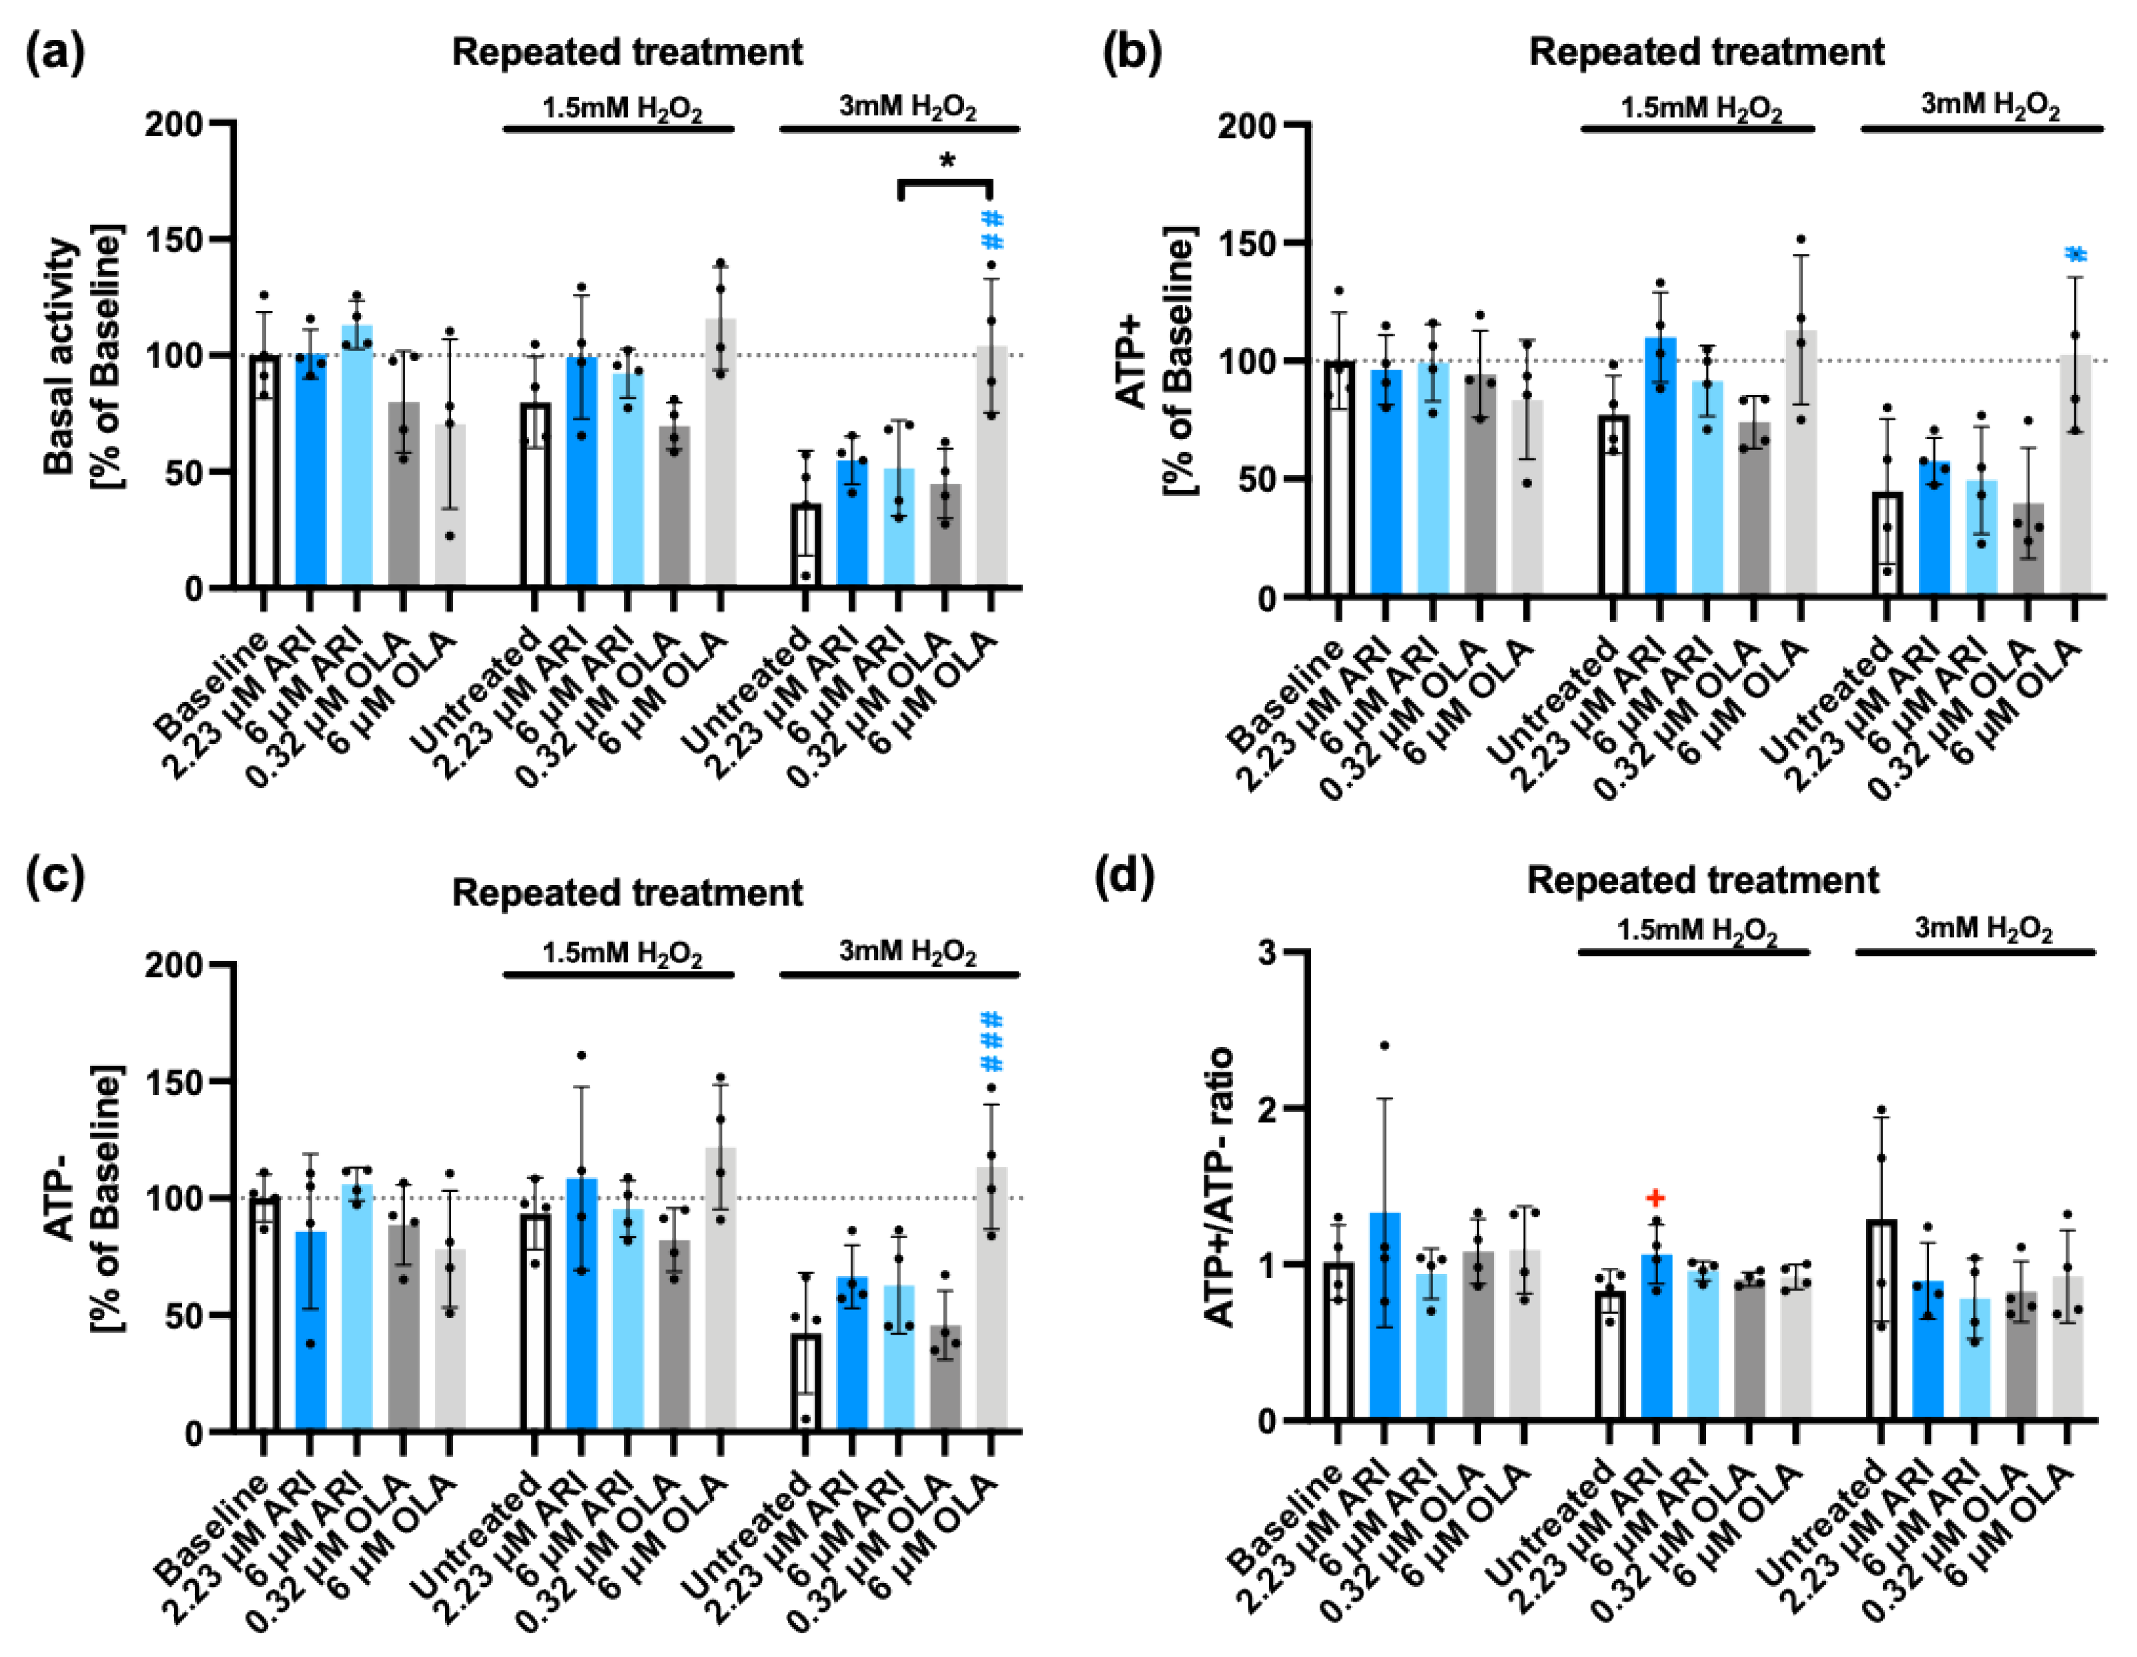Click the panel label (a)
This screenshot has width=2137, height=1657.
pyautogui.click(x=55, y=51)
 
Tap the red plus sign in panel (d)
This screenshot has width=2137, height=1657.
pyautogui.click(x=1655, y=1197)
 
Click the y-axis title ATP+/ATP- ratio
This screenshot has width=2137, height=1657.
pyautogui.click(x=1219, y=1187)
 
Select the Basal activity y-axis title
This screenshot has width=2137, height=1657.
pyautogui.click(x=61, y=356)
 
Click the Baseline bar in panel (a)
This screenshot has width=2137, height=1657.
pyautogui.click(x=264, y=470)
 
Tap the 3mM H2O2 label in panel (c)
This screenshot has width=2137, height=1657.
pyautogui.click(x=907, y=952)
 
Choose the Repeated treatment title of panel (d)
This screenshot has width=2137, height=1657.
pyautogui.click(x=1703, y=880)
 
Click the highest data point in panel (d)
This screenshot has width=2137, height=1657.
pyautogui.click(x=1384, y=1045)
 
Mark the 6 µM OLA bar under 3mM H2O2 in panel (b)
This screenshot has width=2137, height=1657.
pyautogui.click(x=2076, y=474)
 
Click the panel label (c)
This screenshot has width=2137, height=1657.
pyautogui.click(x=55, y=875)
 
